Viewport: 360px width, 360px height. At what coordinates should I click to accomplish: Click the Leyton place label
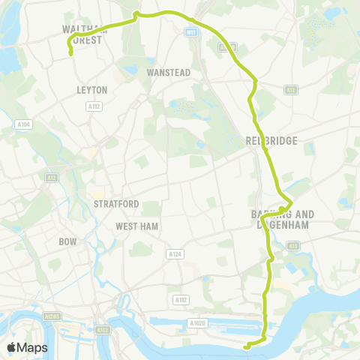tap(92, 90)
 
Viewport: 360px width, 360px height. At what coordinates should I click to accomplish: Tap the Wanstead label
tap(169, 73)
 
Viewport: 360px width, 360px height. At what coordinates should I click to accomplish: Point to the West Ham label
tap(135, 226)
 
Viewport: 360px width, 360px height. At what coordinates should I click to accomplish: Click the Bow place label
tap(67, 242)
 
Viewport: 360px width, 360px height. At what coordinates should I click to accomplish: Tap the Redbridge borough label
tap(271, 140)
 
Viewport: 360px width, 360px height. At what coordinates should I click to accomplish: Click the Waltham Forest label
tap(83, 34)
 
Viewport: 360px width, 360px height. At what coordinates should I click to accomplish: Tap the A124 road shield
tap(175, 255)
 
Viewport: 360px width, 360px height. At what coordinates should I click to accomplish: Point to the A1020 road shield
tap(197, 322)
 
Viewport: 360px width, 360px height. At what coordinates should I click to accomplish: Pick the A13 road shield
tap(292, 245)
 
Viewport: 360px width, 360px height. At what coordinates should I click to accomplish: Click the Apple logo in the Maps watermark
tap(12, 348)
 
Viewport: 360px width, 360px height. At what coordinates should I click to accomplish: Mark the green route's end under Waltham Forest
tap(70, 53)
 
